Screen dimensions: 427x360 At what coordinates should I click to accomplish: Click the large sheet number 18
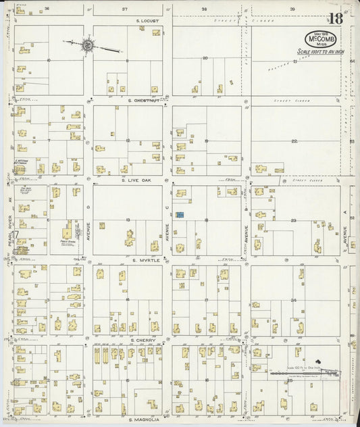click(336, 18)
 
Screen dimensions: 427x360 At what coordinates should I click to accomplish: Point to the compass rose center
click(88, 45)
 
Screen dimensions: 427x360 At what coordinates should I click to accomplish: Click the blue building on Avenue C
click(180, 215)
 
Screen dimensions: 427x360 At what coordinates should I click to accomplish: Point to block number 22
click(294, 141)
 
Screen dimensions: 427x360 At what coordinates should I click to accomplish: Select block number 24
click(294, 300)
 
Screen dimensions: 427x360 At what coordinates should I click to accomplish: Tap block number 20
click(205, 59)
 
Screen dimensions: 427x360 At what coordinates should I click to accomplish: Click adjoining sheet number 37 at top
click(125, 9)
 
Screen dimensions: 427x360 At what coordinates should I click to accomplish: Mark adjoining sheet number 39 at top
click(292, 9)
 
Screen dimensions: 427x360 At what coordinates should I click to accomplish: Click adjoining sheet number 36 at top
click(47, 9)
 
